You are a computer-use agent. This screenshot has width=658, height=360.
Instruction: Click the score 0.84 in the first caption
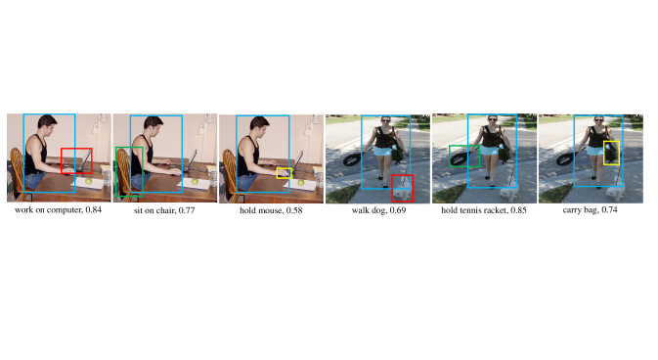click(94, 209)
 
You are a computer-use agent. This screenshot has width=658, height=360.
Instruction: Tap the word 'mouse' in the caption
click(271, 210)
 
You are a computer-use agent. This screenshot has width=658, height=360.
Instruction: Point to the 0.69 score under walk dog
click(398, 210)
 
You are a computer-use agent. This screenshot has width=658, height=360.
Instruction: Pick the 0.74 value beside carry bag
click(609, 209)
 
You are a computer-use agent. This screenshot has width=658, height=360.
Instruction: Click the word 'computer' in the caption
click(65, 210)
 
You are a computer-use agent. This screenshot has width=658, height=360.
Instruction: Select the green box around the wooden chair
click(116, 171)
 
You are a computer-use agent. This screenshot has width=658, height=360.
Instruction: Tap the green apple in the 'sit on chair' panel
click(195, 182)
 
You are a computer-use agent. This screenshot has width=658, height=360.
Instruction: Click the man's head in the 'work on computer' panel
click(47, 125)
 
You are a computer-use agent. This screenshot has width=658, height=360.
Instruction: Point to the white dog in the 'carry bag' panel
click(615, 192)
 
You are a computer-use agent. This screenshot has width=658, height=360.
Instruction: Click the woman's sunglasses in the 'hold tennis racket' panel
click(492, 119)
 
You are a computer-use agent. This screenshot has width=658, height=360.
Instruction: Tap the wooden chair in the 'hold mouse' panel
click(230, 171)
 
